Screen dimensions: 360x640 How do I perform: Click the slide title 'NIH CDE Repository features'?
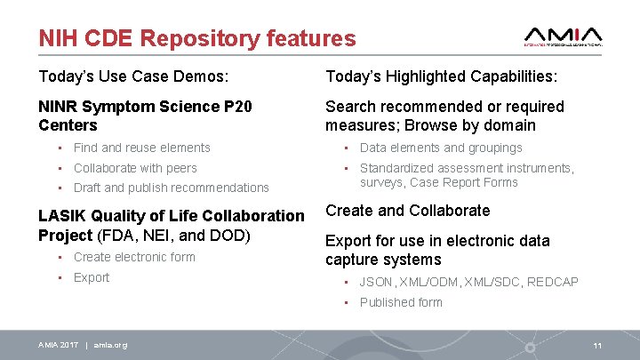(196, 38)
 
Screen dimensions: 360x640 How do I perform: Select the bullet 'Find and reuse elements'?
(141, 148)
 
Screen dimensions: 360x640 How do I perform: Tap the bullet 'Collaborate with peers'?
(135, 168)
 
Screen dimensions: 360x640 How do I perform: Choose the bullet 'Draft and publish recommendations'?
(171, 188)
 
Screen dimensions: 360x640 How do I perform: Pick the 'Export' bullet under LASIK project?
(92, 277)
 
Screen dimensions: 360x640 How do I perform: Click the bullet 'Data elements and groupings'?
(440, 148)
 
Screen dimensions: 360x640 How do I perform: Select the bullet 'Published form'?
(400, 302)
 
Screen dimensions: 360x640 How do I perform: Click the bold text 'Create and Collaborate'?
(407, 211)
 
